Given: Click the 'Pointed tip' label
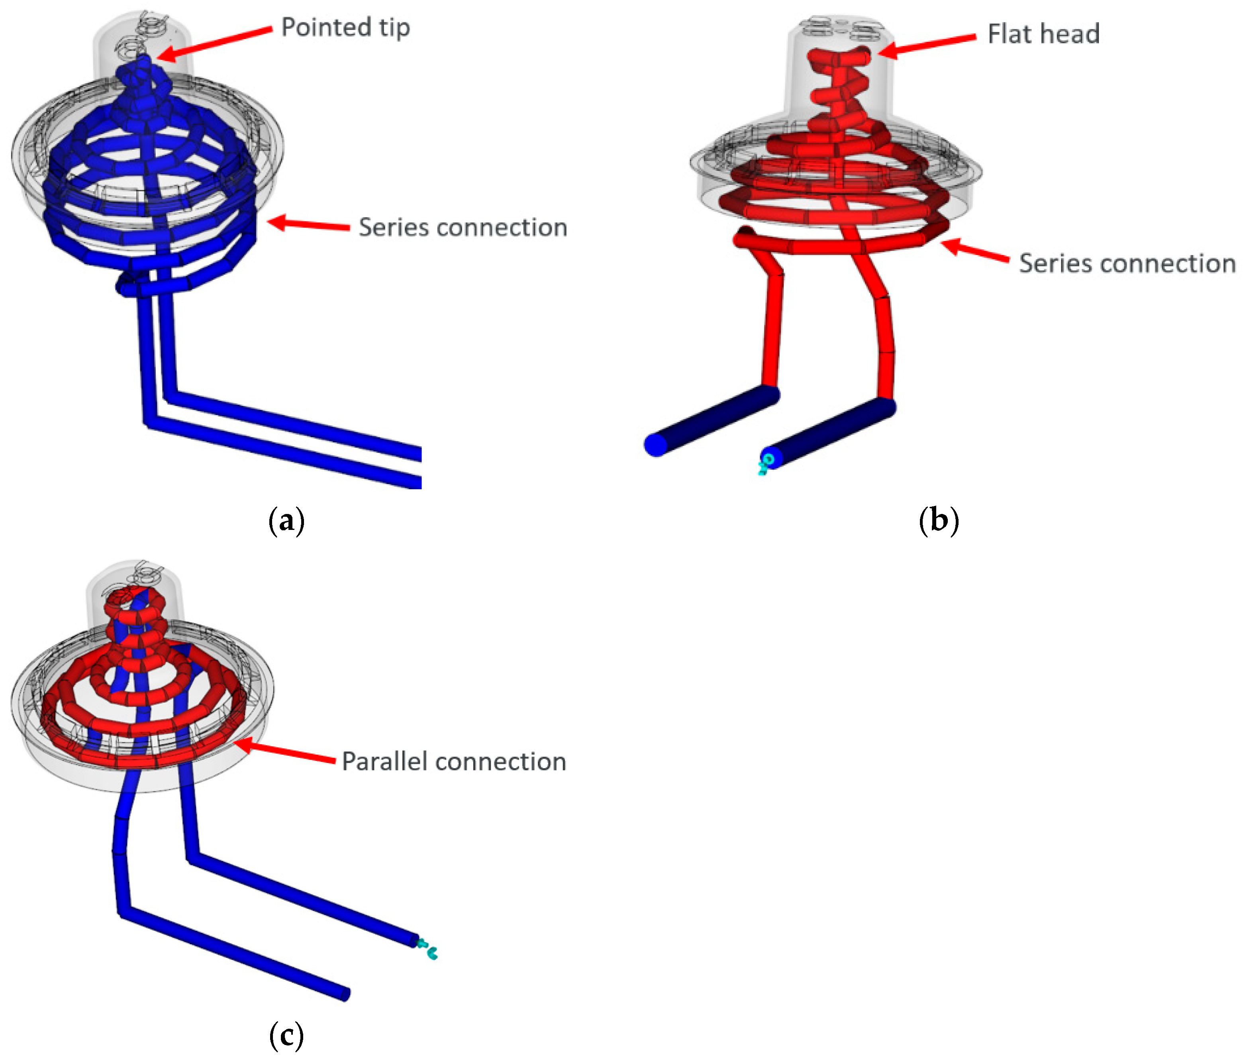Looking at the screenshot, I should click(345, 27).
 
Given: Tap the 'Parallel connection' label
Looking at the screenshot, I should click(454, 762).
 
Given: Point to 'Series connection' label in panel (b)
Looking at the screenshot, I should click(1127, 264).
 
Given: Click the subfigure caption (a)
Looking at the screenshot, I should click(286, 520).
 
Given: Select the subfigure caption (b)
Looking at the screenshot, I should click(939, 520).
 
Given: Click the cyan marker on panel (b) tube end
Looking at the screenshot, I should click(765, 463).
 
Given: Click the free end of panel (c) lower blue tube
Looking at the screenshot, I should click(345, 994).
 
